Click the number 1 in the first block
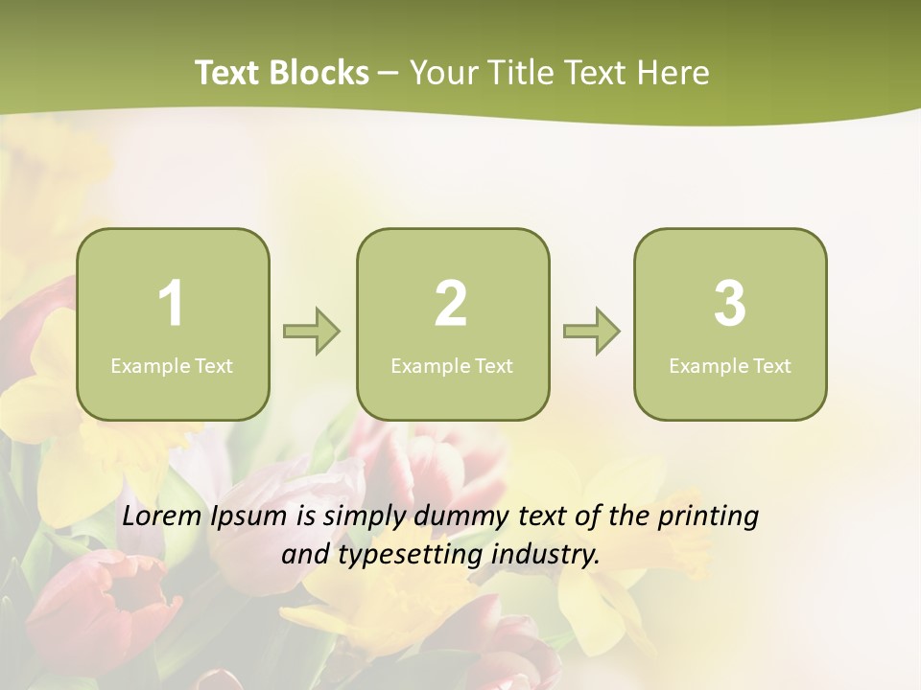(x=171, y=304)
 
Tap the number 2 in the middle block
(x=451, y=304)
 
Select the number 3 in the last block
(x=730, y=304)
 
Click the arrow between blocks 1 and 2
(x=312, y=332)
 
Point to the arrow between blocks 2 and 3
(x=591, y=332)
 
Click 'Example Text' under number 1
(x=172, y=365)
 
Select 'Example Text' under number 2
(x=452, y=365)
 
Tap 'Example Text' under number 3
(x=730, y=365)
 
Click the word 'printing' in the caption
(x=708, y=517)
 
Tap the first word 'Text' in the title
(x=226, y=73)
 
